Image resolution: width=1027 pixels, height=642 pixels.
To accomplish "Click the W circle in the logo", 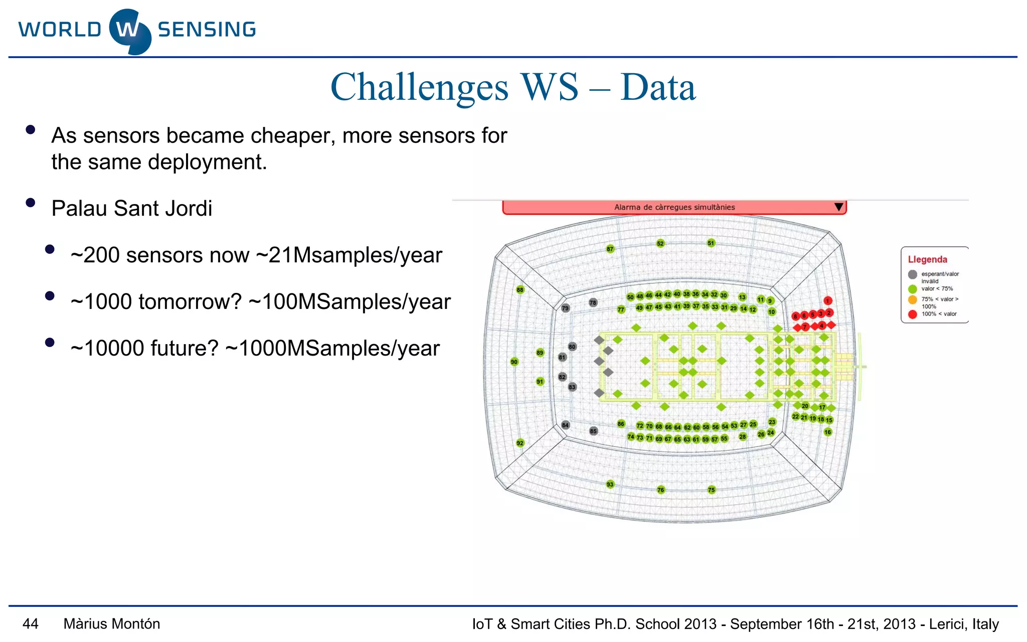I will pos(129,31).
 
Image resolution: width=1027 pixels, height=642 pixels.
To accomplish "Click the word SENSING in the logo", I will pos(207,30).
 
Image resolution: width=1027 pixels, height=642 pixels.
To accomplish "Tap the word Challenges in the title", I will pos(419,87).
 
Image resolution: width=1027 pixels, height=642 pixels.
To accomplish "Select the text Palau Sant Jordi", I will pos(132,209).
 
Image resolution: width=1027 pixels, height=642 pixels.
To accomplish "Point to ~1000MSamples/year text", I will pos(332,349).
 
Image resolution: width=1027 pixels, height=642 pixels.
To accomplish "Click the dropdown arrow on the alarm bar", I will pos(838,207).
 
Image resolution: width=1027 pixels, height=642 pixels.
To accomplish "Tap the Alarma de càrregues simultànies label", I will pos(674,207).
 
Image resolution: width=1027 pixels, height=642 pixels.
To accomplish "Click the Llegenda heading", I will pos(927,259).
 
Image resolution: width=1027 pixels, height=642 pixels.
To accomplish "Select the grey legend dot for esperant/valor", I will pos(912,274).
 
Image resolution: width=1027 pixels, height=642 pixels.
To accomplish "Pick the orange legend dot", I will pos(912,300).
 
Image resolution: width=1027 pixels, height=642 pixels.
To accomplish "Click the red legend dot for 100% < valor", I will pos(912,314).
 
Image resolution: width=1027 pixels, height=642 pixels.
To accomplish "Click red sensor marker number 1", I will pos(827,300).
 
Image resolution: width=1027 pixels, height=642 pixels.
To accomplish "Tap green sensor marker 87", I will pos(610,249).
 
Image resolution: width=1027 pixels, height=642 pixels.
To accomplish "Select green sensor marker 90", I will pos(514,362).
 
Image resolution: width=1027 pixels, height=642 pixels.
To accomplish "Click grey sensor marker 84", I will pos(565,425).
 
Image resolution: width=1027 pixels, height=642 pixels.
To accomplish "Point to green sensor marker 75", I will pos(711,490).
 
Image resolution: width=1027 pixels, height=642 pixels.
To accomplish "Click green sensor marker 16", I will pos(827,432).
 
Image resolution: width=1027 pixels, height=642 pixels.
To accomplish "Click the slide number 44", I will pos(30,624).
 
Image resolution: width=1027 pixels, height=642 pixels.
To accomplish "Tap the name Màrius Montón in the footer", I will pos(112,624).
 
